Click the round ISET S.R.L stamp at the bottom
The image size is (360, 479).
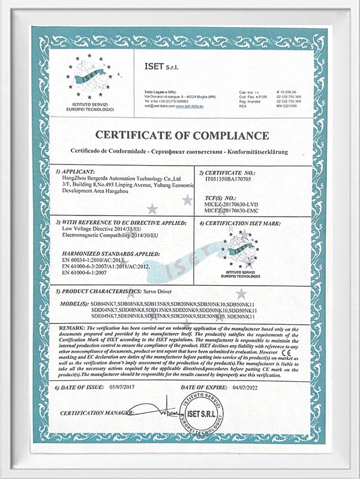tap(206, 414)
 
